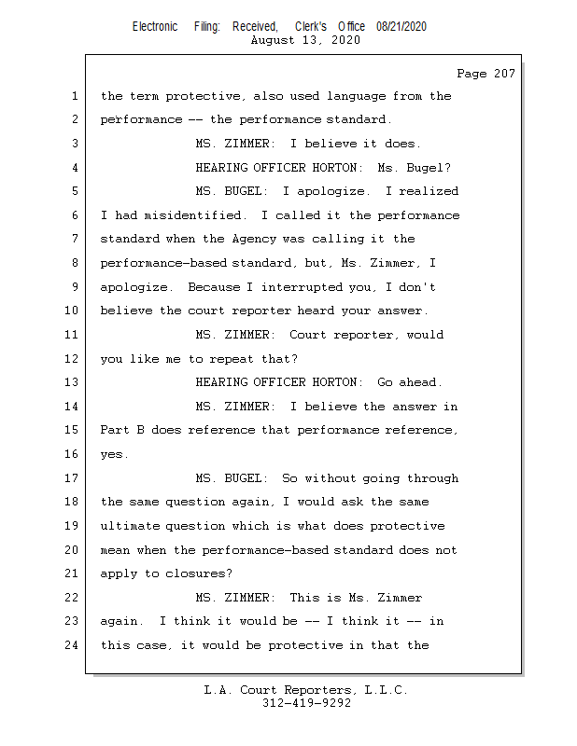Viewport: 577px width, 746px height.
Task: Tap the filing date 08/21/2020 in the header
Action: pos(401,27)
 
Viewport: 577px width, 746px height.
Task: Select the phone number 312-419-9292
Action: pos(306,704)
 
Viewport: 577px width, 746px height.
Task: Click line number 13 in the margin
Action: pos(74,382)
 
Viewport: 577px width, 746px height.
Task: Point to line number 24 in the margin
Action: pos(74,645)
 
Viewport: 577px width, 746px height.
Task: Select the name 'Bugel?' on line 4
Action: pos(429,168)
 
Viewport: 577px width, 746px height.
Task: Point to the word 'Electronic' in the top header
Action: pos(155,27)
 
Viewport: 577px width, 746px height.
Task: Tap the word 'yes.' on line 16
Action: pos(115,454)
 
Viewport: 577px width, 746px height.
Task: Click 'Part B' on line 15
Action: pos(124,430)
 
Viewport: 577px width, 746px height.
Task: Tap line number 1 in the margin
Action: pos(74,96)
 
